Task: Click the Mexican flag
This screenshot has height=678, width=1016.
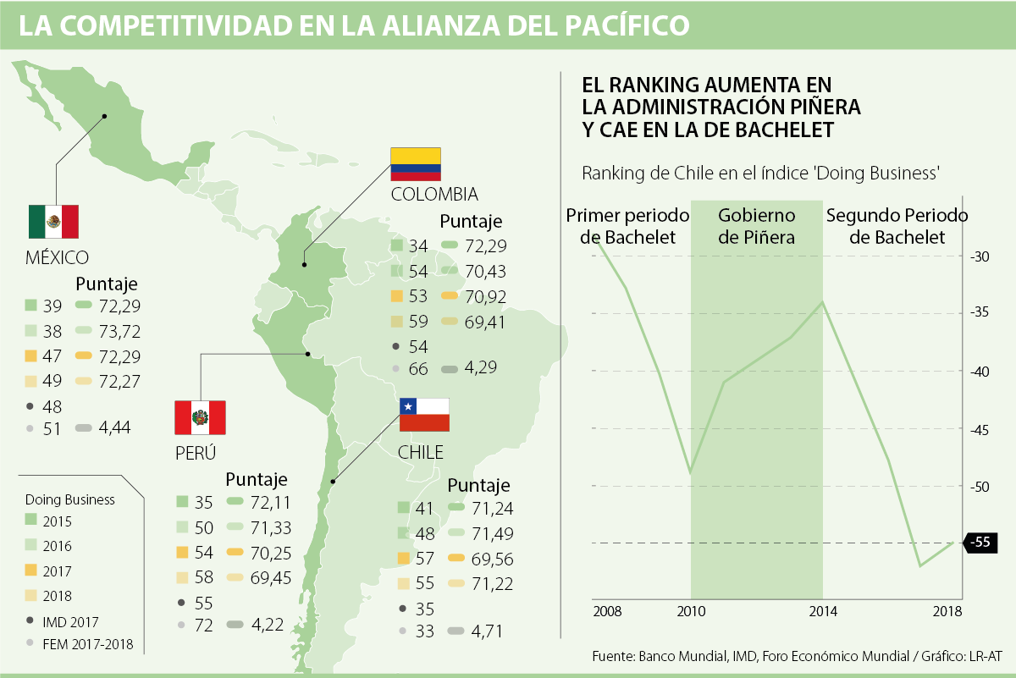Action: (x=53, y=222)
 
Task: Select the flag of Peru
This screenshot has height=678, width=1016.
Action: (x=200, y=416)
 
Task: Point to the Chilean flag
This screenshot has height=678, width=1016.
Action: (x=424, y=415)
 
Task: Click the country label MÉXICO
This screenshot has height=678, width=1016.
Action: (x=58, y=256)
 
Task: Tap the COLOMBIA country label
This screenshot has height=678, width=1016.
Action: (x=434, y=194)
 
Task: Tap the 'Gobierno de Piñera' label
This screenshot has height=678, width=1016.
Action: (x=757, y=226)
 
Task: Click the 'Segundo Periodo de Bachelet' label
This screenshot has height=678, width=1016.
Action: (x=897, y=226)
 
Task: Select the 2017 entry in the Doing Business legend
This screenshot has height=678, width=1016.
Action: (x=57, y=571)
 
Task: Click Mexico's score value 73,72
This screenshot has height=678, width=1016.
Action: (x=119, y=331)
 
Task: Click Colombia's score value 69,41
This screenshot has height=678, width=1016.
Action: (x=484, y=322)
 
